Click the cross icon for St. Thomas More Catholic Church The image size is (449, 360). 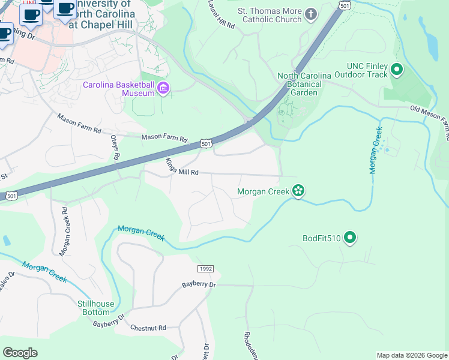tap(311, 14)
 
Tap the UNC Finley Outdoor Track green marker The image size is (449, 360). tap(396, 70)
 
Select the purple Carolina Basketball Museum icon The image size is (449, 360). tap(163, 89)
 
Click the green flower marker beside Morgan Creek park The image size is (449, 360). tap(298, 191)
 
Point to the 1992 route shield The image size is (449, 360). tap(205, 268)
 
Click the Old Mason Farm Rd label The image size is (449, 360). tap(429, 117)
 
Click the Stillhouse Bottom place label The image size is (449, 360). tap(96, 308)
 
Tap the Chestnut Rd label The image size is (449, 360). tap(148, 328)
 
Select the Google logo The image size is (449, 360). tap(20, 352)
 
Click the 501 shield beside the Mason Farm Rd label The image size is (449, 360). tap(206, 144)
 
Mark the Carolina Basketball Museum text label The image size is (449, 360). tap(118, 89)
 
